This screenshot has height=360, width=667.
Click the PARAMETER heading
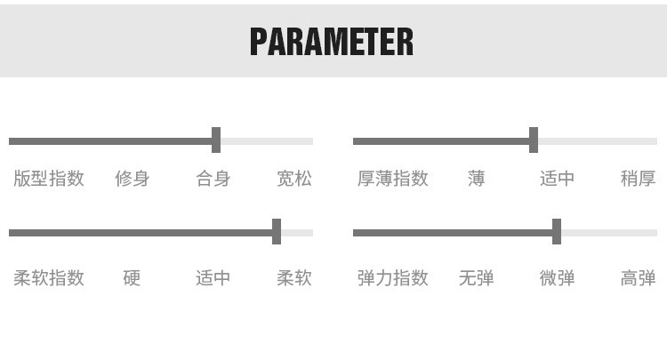[x=331, y=42]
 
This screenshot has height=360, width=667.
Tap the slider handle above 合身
[x=216, y=140]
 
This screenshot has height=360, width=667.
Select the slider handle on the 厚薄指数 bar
[x=534, y=140]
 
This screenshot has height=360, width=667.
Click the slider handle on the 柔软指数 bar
[x=277, y=232]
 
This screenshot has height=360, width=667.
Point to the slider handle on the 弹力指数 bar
[x=557, y=232]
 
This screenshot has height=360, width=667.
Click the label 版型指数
[x=49, y=179]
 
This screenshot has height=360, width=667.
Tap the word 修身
[x=132, y=179]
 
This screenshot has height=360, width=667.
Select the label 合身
[x=213, y=179]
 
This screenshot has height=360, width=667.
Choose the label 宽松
[x=294, y=179]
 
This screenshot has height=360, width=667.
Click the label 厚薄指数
[x=393, y=179]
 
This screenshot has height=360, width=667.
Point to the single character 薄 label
[x=477, y=179]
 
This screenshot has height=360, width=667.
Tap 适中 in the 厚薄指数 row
[x=558, y=179]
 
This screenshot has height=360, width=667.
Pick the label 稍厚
[x=639, y=179]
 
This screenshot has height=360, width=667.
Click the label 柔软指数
[x=49, y=278]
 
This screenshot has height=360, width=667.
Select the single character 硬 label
[x=132, y=278]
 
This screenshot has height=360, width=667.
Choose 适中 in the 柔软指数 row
[x=213, y=278]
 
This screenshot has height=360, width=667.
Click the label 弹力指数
[x=393, y=278]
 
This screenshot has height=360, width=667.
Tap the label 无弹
[x=477, y=278]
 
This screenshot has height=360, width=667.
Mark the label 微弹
[x=558, y=278]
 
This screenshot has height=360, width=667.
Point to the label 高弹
[x=639, y=278]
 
